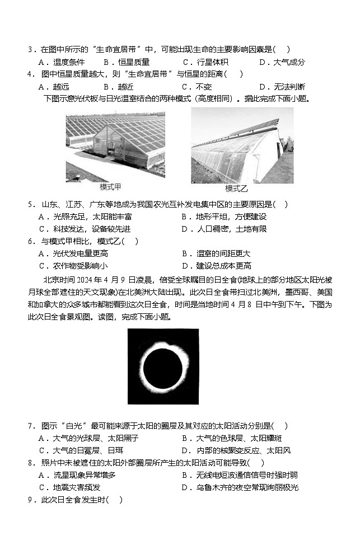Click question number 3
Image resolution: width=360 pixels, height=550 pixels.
[x=31, y=50]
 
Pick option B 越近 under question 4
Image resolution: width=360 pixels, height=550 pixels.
[x=118, y=87]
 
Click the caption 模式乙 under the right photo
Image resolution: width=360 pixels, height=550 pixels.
[x=236, y=188]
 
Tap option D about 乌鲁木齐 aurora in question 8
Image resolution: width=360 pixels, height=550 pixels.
[x=240, y=487]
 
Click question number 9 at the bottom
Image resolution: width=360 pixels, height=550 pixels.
[x=31, y=500]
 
